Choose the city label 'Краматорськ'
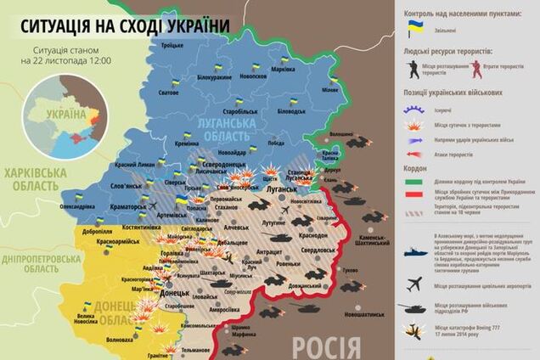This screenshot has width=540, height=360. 122,206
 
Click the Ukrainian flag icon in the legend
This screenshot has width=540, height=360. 415,27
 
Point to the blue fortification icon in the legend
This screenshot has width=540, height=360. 416,110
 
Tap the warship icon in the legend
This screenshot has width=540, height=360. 415,253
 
